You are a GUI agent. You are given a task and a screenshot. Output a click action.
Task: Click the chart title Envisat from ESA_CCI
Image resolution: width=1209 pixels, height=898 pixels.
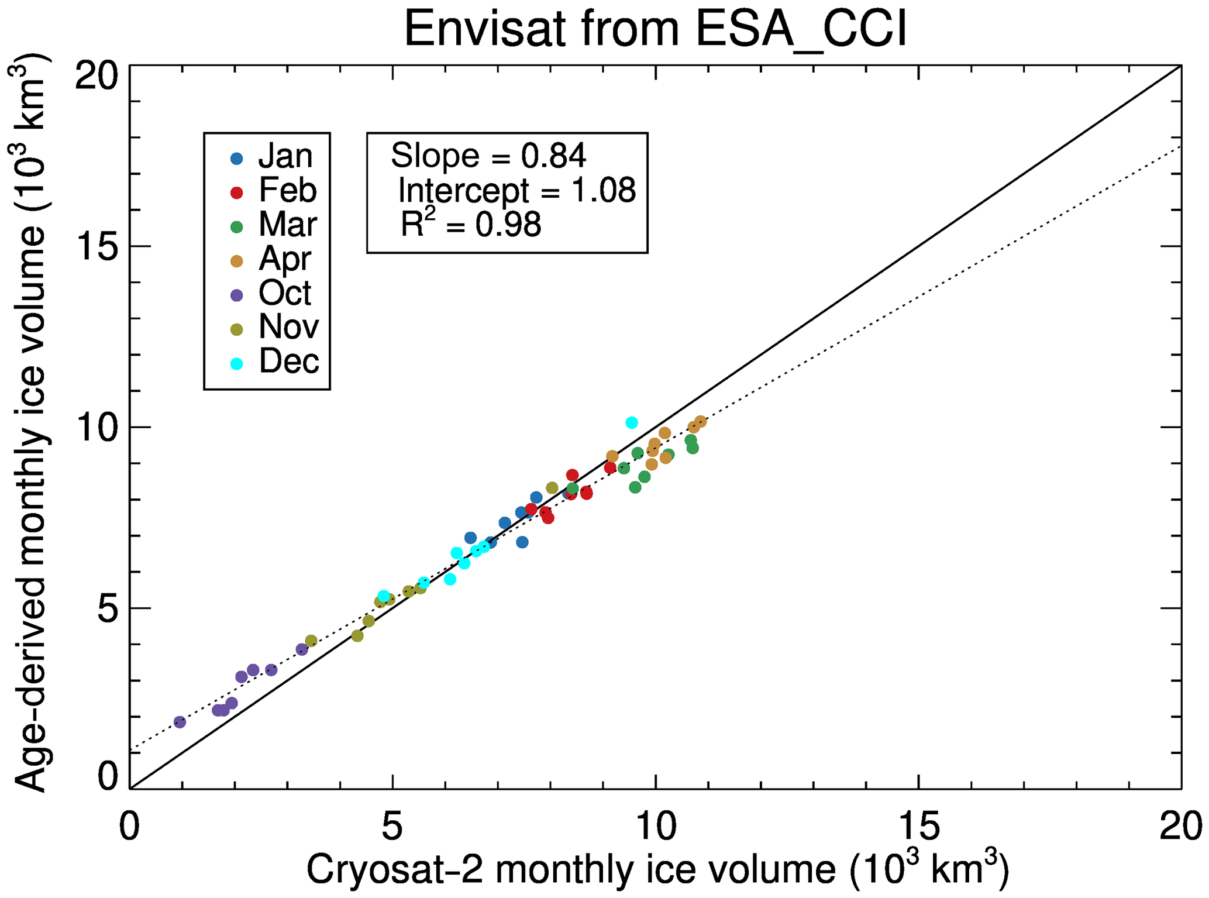[655, 29]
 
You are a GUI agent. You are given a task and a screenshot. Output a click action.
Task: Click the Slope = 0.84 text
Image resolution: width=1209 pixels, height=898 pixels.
[488, 156]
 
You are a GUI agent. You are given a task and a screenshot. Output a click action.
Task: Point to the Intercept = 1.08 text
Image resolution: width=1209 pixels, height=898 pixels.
[516, 191]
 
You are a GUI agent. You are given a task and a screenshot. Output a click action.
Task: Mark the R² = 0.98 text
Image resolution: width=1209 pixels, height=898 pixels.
[471, 225]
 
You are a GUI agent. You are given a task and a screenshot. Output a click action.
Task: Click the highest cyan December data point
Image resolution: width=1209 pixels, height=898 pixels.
[632, 422]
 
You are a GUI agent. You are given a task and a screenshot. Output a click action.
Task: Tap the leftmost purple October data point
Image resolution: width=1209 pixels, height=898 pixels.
[180, 722]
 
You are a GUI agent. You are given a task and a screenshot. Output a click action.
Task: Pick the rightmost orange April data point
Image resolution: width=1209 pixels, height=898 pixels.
[700, 422]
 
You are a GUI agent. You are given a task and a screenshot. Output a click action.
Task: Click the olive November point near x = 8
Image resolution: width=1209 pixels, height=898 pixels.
[552, 488]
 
